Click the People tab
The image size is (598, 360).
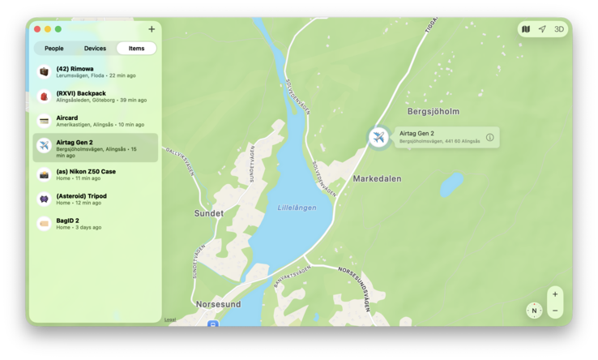pos(54,49)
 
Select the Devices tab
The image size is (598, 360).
pos(95,49)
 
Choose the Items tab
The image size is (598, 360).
pos(136,49)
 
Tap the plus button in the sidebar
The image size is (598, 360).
pos(152,29)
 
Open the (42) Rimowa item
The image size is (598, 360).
pos(95,72)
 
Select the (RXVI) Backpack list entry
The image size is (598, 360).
pos(95,96)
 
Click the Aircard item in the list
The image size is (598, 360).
pos(95,121)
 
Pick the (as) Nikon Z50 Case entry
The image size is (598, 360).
pos(95,174)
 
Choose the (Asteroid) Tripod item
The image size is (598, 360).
pos(95,199)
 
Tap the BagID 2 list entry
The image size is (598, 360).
pos(95,223)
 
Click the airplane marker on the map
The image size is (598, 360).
pos(378,137)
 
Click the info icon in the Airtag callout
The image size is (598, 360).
pos(489,137)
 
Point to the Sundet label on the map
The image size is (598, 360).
pos(208,213)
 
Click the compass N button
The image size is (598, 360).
pos(534,311)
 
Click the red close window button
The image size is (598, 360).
pos(37,29)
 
